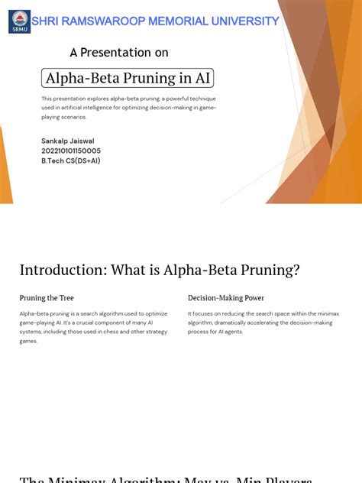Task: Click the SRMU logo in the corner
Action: [19, 21]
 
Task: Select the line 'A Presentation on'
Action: [119, 53]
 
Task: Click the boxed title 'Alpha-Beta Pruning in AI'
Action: [128, 78]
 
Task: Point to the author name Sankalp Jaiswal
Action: [68, 141]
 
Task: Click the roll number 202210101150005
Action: [71, 151]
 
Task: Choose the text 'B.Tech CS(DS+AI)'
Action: [71, 161]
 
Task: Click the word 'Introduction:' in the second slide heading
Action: [63, 270]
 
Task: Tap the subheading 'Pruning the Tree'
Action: [47, 298]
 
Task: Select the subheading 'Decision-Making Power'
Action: [226, 298]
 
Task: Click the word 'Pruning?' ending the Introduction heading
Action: [271, 270]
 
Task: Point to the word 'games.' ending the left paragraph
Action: [28, 342]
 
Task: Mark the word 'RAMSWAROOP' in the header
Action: [97, 21]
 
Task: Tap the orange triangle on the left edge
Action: [5, 168]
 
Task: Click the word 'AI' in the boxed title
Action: [202, 78]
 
